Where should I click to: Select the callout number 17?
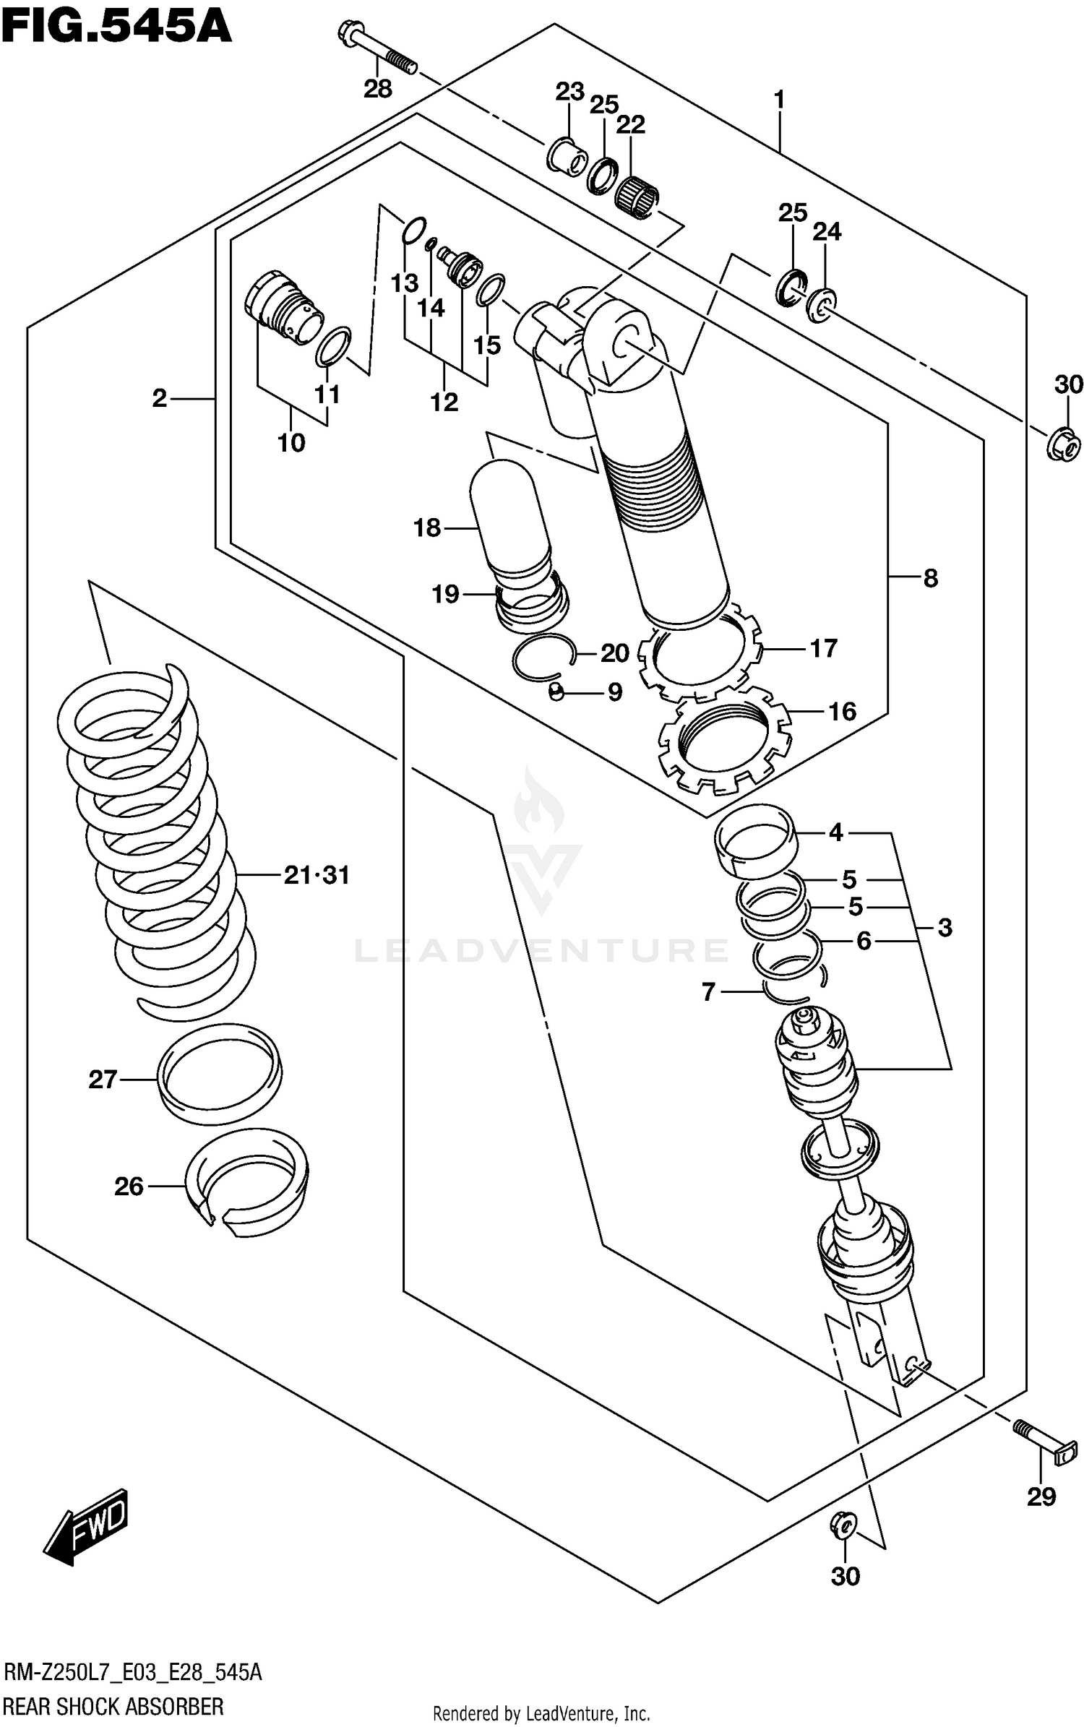point(822,648)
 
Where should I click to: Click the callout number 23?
point(569,92)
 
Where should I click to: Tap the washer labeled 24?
point(820,304)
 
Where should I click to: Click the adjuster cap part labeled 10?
point(283,303)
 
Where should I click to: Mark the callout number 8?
point(930,577)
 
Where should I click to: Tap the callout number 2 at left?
point(160,397)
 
